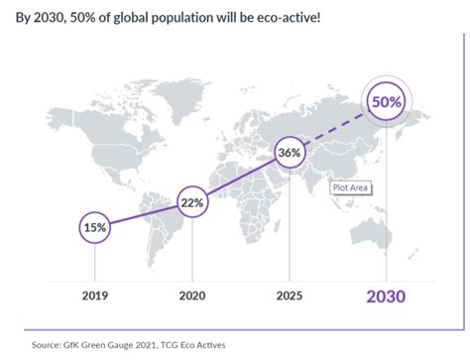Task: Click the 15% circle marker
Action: [x=96, y=227]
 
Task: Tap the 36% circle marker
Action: [x=289, y=154]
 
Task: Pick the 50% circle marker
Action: [x=387, y=103]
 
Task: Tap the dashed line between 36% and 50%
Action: [x=337, y=129]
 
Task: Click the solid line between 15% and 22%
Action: [x=144, y=214]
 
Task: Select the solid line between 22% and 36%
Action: [x=240, y=178]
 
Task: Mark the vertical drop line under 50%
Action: [x=387, y=198]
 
